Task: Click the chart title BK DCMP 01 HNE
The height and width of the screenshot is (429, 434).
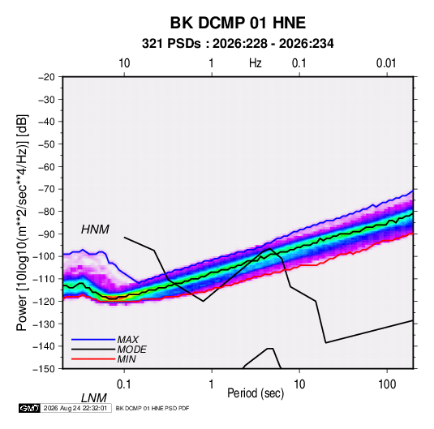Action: [x=238, y=23]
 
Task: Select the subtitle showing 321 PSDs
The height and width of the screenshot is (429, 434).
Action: [x=238, y=44]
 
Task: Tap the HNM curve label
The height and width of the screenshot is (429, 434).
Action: [x=95, y=230]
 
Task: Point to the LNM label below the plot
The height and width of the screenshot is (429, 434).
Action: [x=94, y=398]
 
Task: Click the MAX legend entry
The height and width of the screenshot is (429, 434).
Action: [x=127, y=339]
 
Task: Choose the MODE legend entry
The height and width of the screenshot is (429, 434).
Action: [x=131, y=350]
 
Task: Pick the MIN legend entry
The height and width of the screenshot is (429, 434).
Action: [x=127, y=359]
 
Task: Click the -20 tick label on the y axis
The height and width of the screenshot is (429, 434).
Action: [x=46, y=77]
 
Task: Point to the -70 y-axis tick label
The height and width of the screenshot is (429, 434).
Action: [x=46, y=189]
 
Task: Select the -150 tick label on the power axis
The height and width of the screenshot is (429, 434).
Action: [x=44, y=369]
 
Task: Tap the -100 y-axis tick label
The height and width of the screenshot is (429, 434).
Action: [x=44, y=256]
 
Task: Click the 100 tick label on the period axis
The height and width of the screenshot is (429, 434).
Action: [x=387, y=384]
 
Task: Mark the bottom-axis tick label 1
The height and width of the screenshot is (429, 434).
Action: [x=212, y=384]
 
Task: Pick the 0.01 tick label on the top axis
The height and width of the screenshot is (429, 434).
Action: [x=386, y=63]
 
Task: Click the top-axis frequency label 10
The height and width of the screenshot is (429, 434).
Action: [x=124, y=63]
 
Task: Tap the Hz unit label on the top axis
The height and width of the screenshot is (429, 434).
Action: [x=256, y=63]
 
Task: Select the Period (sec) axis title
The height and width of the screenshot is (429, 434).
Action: [x=256, y=393]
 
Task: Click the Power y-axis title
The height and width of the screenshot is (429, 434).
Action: [x=22, y=222]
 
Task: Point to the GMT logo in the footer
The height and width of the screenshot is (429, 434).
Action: [x=30, y=408]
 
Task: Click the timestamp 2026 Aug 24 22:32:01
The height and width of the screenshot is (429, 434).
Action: [x=75, y=408]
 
